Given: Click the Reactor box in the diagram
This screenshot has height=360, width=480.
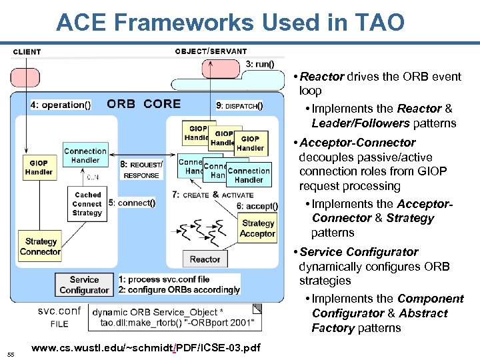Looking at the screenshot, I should (205, 259).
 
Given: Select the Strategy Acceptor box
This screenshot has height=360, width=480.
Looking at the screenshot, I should (258, 229).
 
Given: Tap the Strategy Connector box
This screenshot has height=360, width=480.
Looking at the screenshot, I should (41, 247).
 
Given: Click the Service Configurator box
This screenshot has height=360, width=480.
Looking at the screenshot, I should (84, 285).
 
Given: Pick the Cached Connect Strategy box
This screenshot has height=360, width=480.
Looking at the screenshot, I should (87, 204).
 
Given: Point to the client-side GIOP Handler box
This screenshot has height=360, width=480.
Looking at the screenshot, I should (39, 167).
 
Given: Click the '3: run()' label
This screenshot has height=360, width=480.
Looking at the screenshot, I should (259, 64).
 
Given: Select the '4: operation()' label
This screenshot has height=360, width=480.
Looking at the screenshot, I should (61, 105).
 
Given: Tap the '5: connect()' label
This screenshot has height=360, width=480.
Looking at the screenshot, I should (132, 203).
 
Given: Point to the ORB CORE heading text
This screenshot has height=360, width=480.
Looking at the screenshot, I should (143, 103).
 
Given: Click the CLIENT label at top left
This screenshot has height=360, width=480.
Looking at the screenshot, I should (27, 51).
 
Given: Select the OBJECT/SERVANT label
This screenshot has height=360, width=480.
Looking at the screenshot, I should (211, 51).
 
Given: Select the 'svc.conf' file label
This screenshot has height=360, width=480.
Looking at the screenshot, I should (59, 311).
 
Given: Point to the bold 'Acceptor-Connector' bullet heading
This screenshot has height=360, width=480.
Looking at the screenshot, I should (357, 143).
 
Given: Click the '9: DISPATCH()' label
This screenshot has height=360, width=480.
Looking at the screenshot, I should (239, 105).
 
